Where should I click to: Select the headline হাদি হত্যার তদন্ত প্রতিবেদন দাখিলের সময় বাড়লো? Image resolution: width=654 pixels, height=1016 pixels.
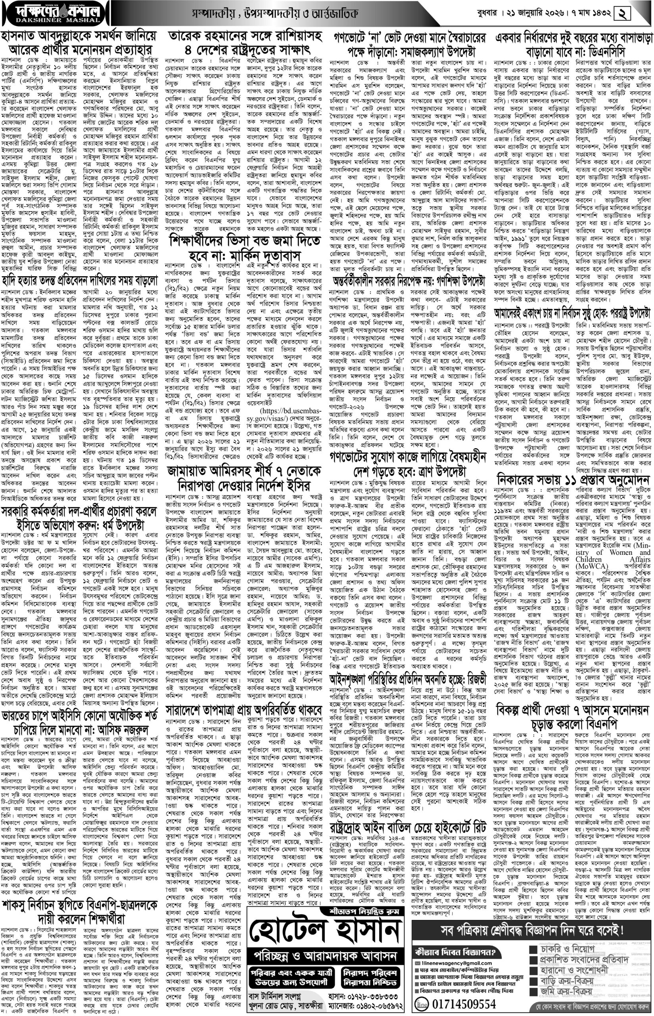(79, 281)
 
